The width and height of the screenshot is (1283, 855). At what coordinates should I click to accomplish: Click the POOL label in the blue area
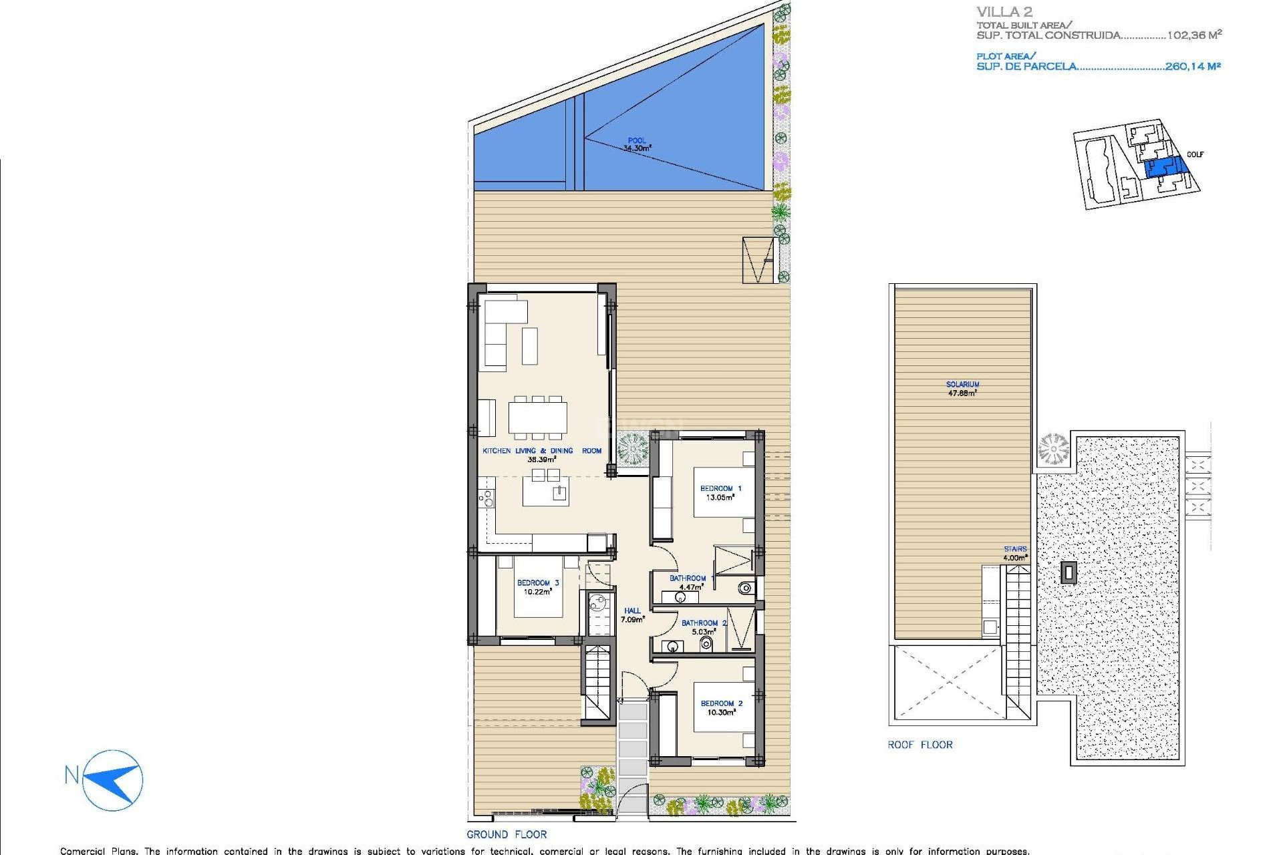coord(636,141)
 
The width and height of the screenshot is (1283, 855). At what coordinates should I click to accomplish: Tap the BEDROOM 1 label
coord(720,488)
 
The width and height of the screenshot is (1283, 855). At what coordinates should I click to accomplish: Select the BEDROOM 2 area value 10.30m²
coord(721,713)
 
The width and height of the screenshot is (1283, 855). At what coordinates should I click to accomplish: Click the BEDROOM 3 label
coord(537,582)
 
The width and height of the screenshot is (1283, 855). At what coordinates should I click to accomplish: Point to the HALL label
coord(632,611)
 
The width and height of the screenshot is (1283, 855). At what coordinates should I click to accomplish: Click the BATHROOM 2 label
coord(704,623)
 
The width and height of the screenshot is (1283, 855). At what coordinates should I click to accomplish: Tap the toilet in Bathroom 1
coord(745,588)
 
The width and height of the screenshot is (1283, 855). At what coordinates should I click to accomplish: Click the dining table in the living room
coord(537,417)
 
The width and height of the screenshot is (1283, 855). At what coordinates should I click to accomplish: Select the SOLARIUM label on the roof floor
coord(962,384)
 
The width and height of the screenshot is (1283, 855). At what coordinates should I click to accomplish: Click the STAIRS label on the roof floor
coord(1014,549)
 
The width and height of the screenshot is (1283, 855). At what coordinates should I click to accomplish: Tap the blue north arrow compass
coord(114,780)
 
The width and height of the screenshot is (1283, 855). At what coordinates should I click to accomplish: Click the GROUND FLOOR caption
coord(507,834)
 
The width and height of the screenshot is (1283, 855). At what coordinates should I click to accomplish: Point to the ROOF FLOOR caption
coord(919,745)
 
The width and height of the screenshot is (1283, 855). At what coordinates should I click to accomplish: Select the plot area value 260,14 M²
coord(1192,66)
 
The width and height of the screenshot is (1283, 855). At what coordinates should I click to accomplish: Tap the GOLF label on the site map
coord(1195,154)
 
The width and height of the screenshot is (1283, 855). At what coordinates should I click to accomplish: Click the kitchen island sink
coord(559,494)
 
